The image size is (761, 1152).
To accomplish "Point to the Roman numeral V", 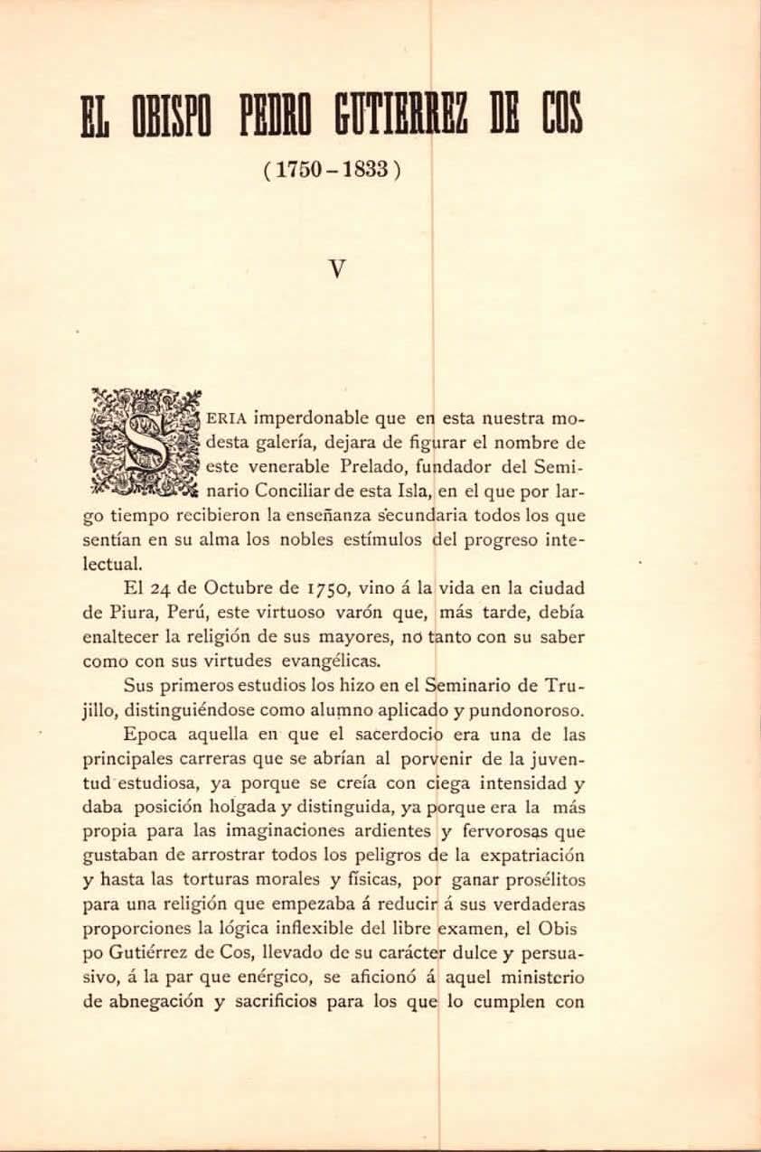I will click(338, 268).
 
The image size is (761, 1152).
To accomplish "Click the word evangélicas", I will click(328, 660).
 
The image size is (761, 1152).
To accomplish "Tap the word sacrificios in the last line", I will click(294, 1001).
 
